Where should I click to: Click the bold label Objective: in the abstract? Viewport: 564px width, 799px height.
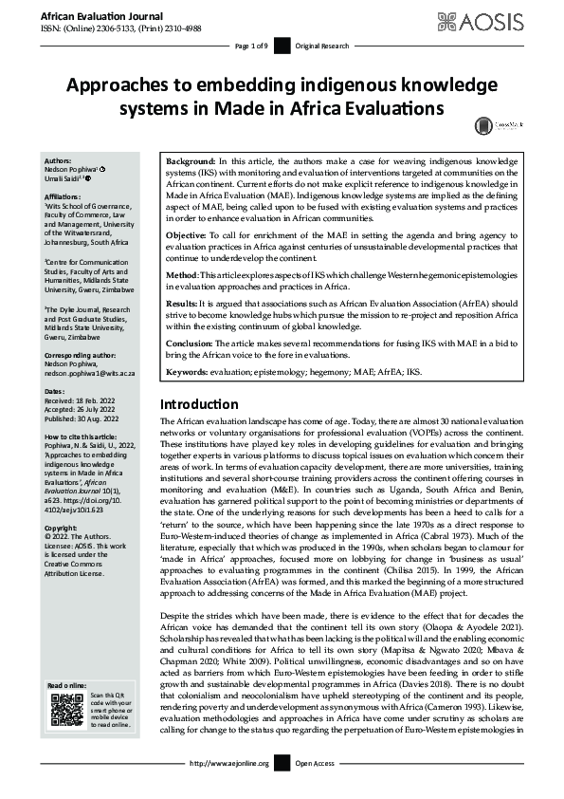pyautogui.click(x=188, y=234)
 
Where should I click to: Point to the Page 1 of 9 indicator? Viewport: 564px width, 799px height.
pyautogui.click(x=251, y=46)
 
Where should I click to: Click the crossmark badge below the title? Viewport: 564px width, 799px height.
pyautogui.click(x=484, y=124)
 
